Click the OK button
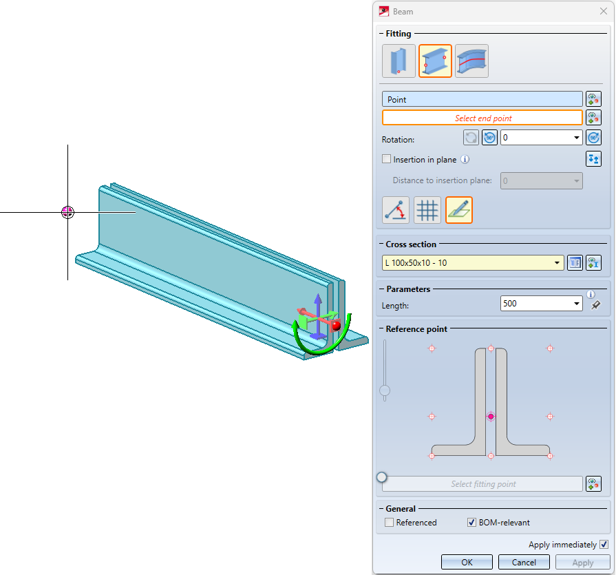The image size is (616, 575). (467, 562)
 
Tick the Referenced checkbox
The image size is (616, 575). (389, 523)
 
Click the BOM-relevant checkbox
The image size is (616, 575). (471, 523)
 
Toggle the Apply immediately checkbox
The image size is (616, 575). (604, 545)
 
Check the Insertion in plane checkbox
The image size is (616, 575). (387, 159)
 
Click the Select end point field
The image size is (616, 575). (482, 118)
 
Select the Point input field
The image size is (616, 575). (482, 99)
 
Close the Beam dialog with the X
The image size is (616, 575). (604, 12)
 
